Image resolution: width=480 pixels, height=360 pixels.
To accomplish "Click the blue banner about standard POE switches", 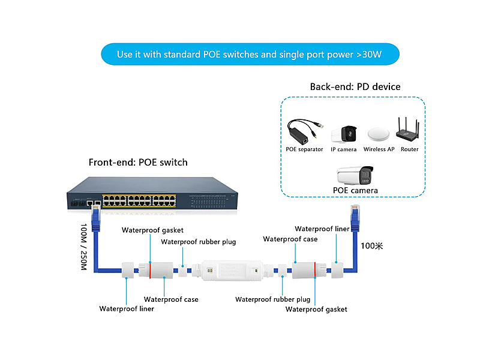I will coord(249,54).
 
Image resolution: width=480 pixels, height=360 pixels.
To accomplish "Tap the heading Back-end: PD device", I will coord(355,87).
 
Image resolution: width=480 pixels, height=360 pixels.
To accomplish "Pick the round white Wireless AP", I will coord(378,134).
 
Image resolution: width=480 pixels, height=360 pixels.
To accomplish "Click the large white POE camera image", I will coord(356,175).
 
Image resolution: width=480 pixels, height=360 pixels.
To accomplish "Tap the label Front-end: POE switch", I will coord(138,162).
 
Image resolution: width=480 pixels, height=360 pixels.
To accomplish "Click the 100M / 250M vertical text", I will coord(83,247).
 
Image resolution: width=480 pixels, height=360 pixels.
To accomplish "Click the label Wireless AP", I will coord(378,149).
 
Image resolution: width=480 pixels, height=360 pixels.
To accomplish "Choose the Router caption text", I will coord(410,149).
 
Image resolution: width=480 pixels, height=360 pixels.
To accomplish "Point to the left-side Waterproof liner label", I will coord(127,309).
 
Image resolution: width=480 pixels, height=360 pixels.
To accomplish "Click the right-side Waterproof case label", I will coord(290,239).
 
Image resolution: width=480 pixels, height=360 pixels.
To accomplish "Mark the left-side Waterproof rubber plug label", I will coord(198,242).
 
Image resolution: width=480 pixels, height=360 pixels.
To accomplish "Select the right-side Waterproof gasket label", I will coord(316,310).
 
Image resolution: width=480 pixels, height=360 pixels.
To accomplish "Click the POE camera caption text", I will coord(356,191).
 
